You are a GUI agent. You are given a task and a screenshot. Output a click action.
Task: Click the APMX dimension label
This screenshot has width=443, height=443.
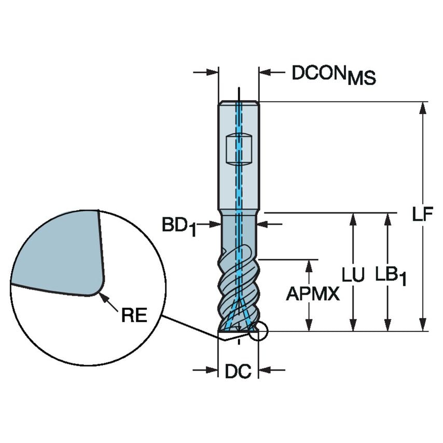[313, 294]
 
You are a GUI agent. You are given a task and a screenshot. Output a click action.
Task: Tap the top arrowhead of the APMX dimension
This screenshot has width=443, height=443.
[309, 265]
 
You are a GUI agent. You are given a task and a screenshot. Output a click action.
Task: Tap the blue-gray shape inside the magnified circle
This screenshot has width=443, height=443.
[57, 252]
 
